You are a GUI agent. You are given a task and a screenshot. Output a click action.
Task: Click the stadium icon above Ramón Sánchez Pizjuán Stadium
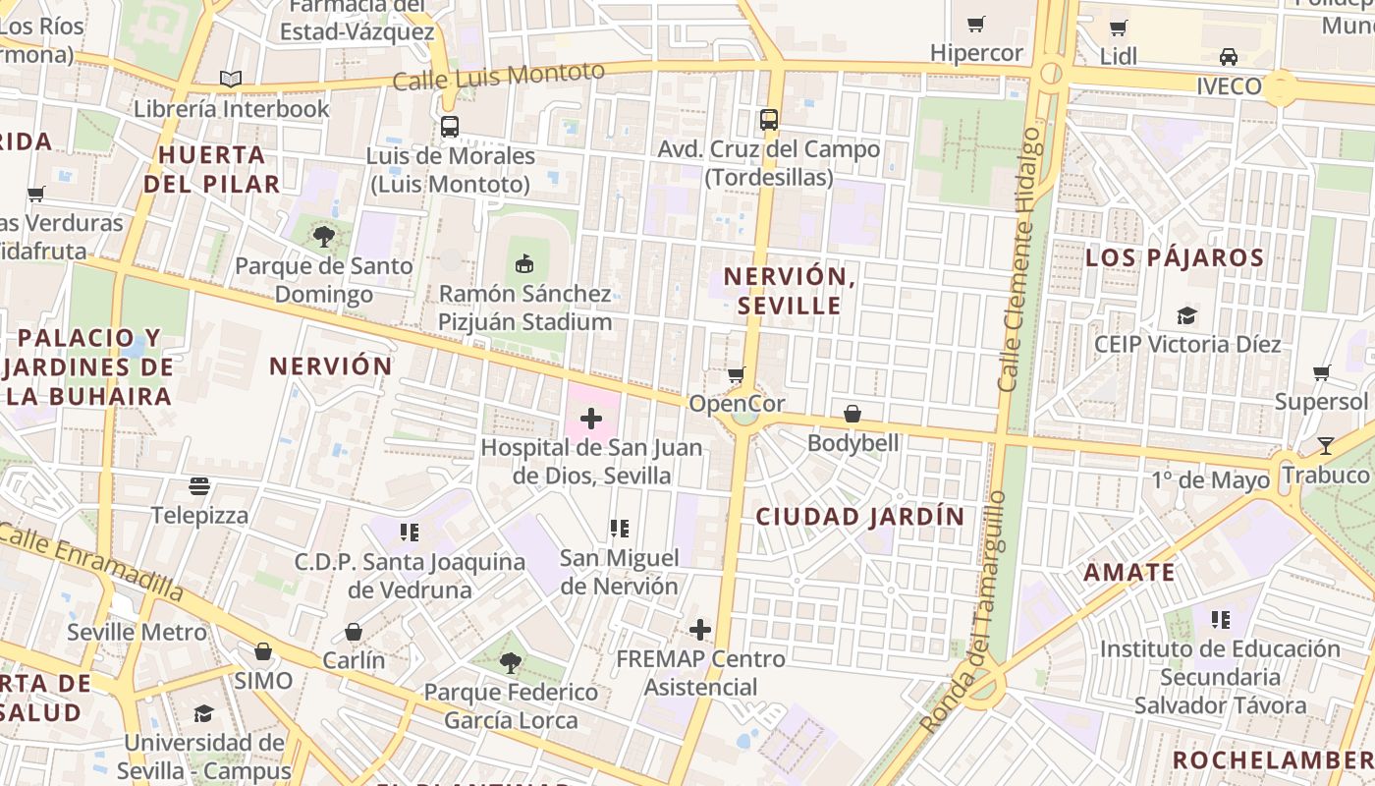tap(524, 263)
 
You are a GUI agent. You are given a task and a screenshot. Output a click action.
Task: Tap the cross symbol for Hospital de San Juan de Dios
tap(591, 420)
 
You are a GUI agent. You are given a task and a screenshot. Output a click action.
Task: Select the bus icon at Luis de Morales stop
tap(450, 127)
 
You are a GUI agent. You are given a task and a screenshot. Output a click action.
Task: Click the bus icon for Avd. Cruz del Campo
tap(769, 120)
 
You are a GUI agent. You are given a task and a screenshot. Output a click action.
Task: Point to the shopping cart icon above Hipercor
tap(976, 24)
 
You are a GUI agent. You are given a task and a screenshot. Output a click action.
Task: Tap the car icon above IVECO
tap(1228, 56)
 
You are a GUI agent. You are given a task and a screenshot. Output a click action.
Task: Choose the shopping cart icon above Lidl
tap(1118, 28)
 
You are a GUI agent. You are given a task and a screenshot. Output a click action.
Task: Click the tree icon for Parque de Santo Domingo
tap(324, 236)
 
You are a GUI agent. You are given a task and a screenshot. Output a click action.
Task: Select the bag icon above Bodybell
tap(852, 414)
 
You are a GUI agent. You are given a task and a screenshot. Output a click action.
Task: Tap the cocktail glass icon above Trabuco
tap(1325, 445)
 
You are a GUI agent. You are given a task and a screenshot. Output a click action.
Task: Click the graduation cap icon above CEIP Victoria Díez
tap(1187, 315)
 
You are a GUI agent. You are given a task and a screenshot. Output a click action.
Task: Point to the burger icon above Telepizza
tap(199, 486)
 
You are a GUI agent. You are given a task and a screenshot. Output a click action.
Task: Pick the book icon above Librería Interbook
tap(231, 79)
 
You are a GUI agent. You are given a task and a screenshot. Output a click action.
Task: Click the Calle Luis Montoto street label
tap(498, 76)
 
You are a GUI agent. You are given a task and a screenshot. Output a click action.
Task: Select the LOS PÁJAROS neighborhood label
tap(1175, 258)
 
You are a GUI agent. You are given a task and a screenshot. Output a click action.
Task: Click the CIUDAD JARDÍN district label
tap(859, 516)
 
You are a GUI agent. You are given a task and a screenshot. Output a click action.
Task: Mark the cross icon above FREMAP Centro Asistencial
tap(700, 629)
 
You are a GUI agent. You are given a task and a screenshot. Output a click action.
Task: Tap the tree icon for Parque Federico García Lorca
tap(510, 663)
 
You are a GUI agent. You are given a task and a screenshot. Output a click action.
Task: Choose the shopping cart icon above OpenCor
tap(736, 374)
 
